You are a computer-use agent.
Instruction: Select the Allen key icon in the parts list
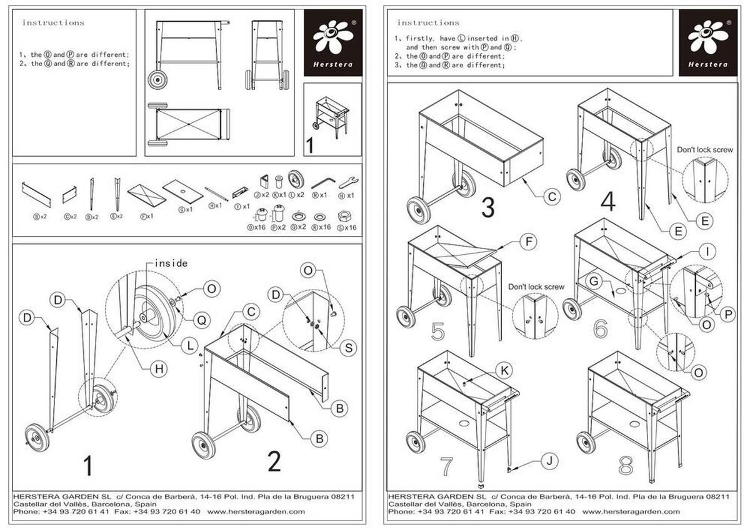[x=323, y=181]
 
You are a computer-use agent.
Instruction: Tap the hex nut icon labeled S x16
[x=343, y=216]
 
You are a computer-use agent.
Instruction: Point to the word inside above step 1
[x=170, y=263]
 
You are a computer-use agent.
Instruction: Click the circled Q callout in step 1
[x=201, y=320]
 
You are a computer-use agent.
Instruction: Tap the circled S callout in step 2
[x=347, y=348]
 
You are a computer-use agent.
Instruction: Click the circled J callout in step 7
[x=548, y=461]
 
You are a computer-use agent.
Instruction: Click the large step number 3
[x=488, y=207]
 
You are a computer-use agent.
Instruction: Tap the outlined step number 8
[x=626, y=465]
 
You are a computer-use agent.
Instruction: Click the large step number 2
[x=274, y=461]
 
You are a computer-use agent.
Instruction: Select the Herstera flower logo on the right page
[x=707, y=37]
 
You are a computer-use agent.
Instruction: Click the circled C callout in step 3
[x=551, y=197]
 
